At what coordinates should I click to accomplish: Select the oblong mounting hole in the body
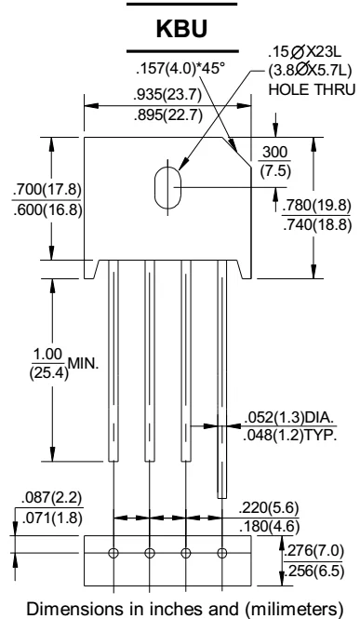(x=161, y=185)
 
